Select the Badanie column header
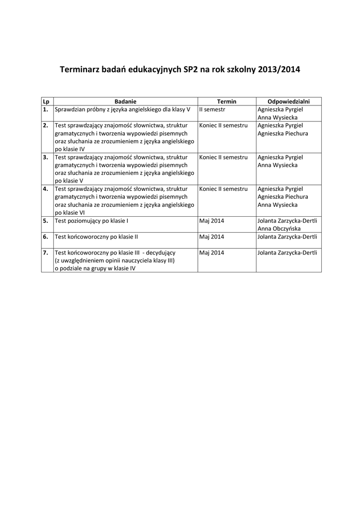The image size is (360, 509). (x=125, y=101)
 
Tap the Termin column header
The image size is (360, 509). (x=227, y=101)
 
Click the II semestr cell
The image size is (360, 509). (x=212, y=109)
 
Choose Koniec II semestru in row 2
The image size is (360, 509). (x=223, y=125)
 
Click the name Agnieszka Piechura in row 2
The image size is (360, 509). (x=283, y=133)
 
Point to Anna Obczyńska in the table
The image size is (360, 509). (x=279, y=229)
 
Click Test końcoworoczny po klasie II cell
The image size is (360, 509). (x=96, y=237)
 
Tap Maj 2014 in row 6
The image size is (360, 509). (x=212, y=237)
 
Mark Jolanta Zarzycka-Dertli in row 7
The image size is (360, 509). (x=287, y=253)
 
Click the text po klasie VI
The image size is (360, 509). (x=70, y=213)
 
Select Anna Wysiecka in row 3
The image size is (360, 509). (x=278, y=165)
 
